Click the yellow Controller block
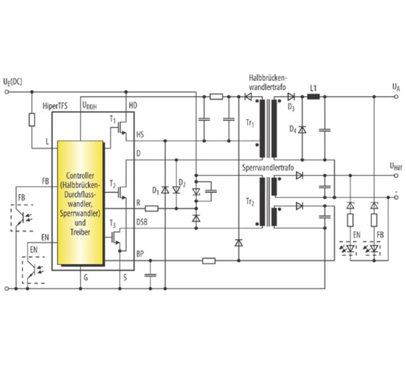click(80, 203)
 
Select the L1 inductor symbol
click(313, 97)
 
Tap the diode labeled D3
click(291, 97)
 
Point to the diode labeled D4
click(302, 130)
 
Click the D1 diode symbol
click(165, 190)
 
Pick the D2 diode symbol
click(176, 190)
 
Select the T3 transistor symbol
click(116, 237)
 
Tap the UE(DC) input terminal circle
click(7, 92)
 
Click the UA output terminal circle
click(396, 97)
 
